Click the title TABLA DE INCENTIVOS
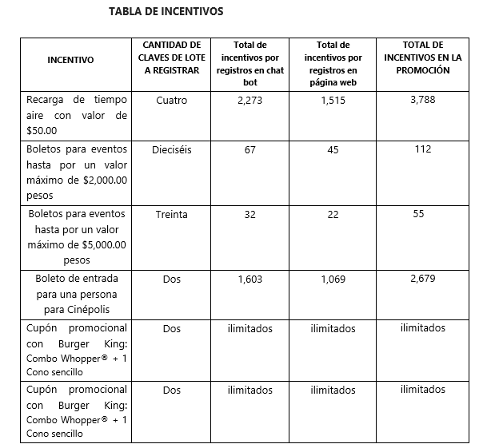166,12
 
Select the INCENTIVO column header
70,60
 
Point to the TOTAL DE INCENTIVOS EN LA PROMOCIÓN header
423,57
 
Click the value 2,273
250,101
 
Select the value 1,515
333,101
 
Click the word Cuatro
172,101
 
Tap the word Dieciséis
172,149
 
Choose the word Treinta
172,214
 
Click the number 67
250,149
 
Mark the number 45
333,149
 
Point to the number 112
423,149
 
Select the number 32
250,214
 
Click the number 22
333,214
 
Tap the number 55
419,213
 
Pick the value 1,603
250,279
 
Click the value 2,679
423,278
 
